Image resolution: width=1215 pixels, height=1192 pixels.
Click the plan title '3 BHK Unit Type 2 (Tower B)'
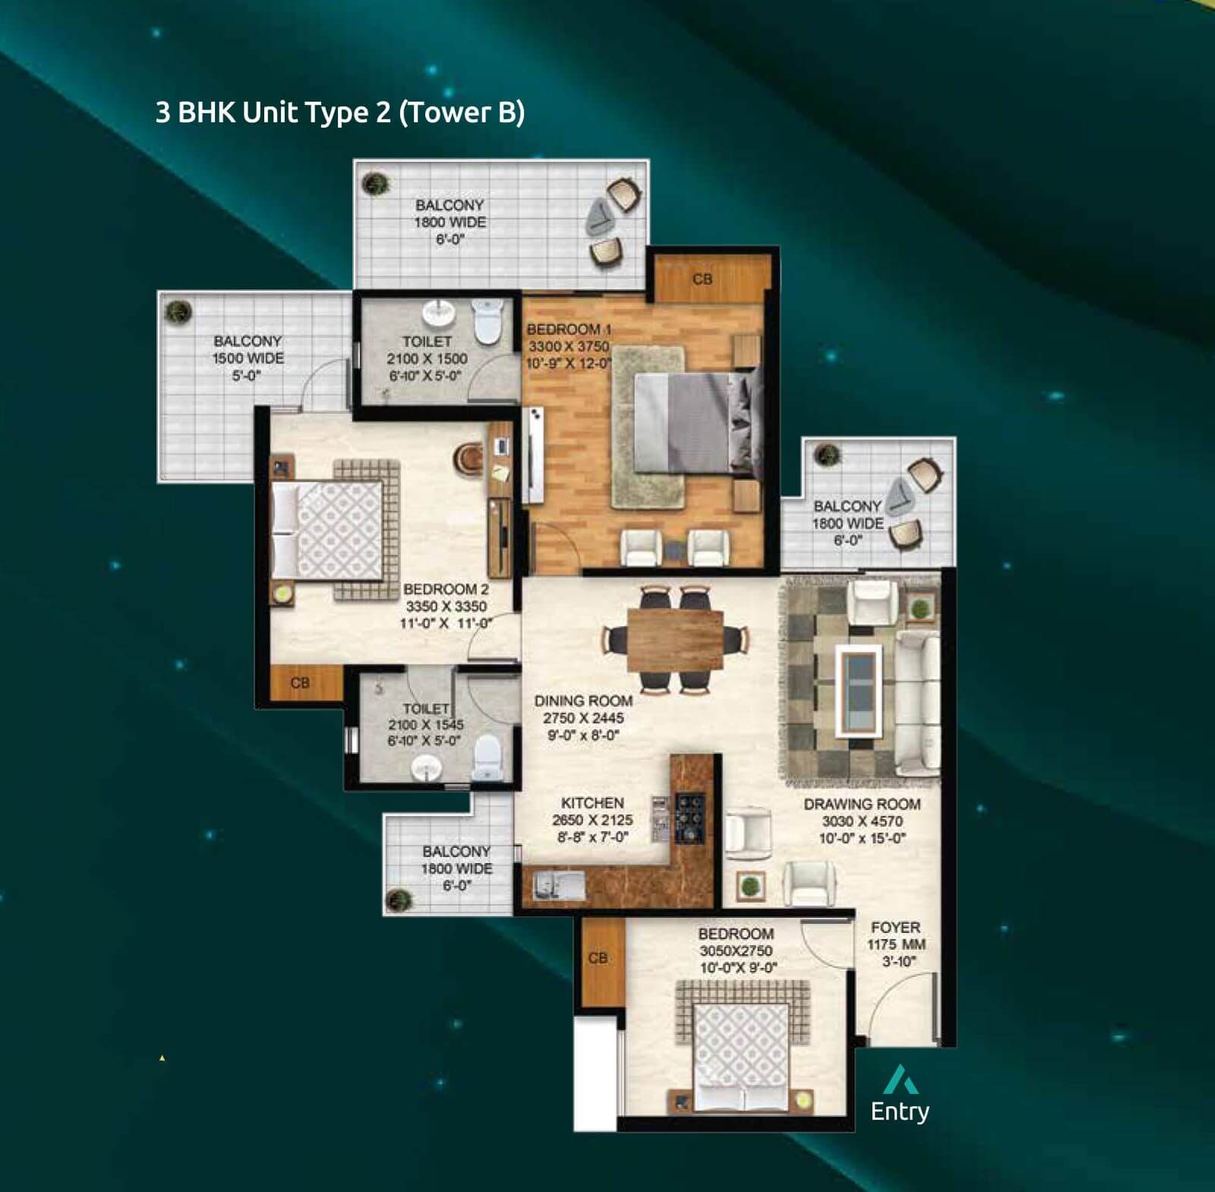[339, 112]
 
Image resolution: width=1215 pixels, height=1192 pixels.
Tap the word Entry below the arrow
[900, 1111]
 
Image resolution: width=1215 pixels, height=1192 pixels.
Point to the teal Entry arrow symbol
[901, 1079]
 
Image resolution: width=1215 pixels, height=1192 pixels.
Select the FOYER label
[896, 927]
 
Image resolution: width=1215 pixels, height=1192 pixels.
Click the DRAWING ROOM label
[862, 804]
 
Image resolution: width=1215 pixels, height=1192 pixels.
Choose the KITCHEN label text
[592, 803]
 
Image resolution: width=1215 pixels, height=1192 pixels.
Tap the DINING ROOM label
[583, 700]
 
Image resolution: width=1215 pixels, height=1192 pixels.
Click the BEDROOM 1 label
[569, 329]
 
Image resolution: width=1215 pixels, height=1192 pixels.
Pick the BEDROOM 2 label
[446, 589]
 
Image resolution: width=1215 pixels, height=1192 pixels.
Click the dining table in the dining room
[676, 640]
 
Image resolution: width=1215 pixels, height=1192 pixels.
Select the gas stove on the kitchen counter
[690, 819]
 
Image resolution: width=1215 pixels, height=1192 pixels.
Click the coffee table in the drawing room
[859, 691]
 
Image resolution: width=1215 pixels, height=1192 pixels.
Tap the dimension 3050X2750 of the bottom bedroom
[736, 950]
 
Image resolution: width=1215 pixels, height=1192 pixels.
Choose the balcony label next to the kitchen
[456, 868]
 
